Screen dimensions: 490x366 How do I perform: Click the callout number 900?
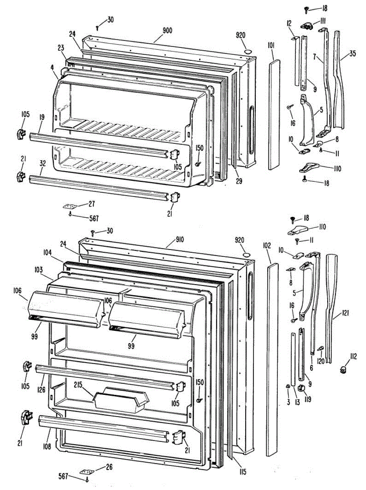click(167, 30)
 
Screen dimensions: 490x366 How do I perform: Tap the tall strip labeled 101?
click(275, 114)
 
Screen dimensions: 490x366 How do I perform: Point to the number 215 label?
click(79, 385)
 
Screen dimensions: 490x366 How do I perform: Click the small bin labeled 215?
click(121, 398)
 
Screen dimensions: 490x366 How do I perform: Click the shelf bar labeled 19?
click(98, 143)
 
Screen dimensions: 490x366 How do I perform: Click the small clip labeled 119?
click(303, 388)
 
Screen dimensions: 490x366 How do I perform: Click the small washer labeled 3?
click(288, 386)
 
